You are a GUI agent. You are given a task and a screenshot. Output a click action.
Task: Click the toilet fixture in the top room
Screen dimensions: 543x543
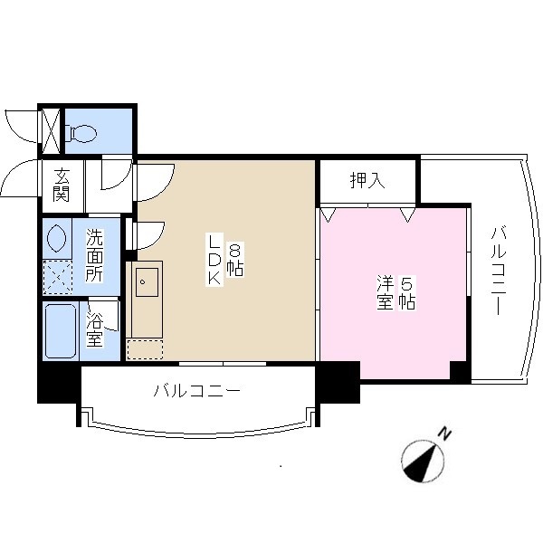tap(83, 134)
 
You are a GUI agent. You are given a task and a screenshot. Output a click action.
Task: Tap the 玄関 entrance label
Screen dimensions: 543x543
tap(62, 185)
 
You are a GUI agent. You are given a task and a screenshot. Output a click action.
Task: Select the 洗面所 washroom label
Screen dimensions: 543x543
tap(94, 257)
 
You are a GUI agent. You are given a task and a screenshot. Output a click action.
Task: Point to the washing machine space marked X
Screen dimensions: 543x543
tap(59, 276)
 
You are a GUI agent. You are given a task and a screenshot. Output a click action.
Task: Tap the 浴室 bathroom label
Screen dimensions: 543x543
tap(94, 329)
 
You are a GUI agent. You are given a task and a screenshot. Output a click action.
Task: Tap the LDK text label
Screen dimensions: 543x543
tap(214, 261)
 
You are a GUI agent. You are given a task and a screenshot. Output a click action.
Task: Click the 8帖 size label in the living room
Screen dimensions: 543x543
tap(235, 261)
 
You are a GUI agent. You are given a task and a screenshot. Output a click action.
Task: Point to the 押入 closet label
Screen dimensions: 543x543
tap(367, 180)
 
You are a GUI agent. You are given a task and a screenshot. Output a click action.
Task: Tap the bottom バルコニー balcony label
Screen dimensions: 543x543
tap(196, 392)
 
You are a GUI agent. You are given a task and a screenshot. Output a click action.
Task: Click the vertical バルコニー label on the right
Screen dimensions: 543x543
tap(497, 269)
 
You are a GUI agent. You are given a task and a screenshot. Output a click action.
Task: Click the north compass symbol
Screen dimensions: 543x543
tap(423, 460)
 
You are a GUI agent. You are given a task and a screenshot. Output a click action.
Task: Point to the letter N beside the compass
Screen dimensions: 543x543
tap(445, 435)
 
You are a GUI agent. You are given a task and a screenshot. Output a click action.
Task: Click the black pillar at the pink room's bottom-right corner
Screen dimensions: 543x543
tap(459, 370)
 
